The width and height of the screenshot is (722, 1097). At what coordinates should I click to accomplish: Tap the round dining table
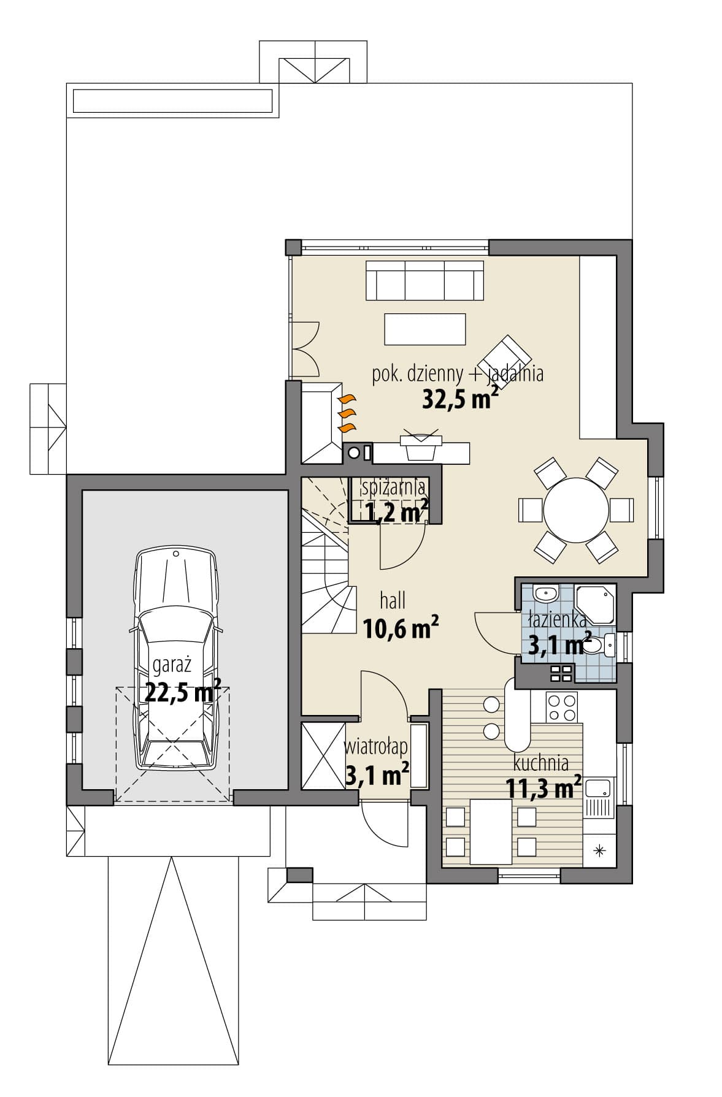pos(575,510)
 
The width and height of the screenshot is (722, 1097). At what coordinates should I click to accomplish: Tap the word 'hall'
pos(393,600)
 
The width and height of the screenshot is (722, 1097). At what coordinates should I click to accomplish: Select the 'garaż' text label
pos(172,665)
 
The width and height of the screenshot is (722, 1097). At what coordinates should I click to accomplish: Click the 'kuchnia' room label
pos(540,763)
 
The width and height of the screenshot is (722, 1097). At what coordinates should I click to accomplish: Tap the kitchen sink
pos(597,797)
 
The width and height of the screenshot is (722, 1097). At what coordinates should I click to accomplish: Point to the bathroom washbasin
pos(545,594)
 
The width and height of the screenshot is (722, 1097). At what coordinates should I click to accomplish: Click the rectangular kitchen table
pos(490,831)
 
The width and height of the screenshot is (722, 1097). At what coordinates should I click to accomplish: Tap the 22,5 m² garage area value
pos(183,692)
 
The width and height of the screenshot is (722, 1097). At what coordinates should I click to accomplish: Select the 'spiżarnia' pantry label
pos(393,488)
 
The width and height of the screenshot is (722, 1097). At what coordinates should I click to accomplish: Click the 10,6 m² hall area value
pos(401,627)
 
